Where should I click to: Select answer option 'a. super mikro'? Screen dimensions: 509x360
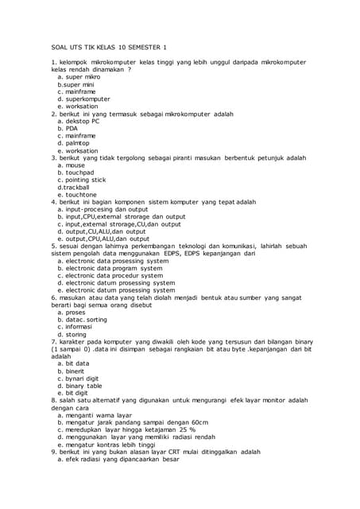click(x=79, y=76)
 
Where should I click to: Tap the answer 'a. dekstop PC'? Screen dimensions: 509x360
click(x=79, y=121)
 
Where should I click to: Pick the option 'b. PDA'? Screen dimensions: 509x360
click(x=67, y=128)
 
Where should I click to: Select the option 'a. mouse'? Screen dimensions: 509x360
click(x=71, y=165)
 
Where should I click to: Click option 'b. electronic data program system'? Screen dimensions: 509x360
click(x=113, y=268)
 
